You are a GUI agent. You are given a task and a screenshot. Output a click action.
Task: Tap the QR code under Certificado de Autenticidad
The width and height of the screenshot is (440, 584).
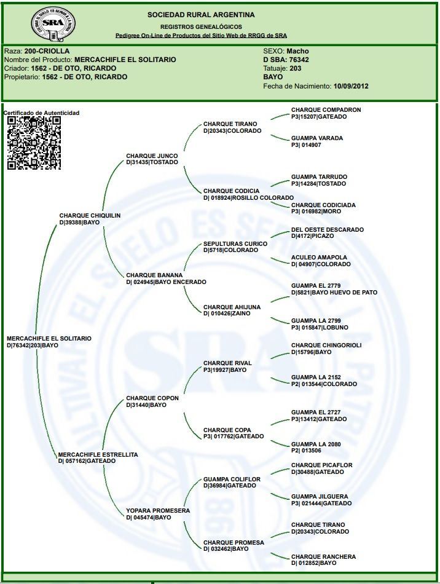pos(34,143)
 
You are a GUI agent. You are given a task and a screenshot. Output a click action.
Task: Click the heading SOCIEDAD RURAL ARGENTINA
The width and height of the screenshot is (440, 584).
pos(201,15)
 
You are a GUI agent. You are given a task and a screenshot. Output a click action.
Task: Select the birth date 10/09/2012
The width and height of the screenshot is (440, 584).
pos(350,86)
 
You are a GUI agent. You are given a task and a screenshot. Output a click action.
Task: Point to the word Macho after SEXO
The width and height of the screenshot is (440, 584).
pos(297,51)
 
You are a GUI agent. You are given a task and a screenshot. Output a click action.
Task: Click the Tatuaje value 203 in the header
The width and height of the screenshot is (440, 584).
pos(295,68)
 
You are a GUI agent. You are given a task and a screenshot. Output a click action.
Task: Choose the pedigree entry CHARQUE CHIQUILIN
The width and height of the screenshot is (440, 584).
pos(90,216)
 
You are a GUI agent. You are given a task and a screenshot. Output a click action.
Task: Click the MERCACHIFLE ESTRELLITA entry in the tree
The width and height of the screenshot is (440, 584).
pos(98,454)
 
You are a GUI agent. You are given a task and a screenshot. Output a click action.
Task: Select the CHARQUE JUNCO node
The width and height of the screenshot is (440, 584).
pos(152,156)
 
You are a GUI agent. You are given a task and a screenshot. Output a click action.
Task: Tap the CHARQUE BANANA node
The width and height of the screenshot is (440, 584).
pos(154,275)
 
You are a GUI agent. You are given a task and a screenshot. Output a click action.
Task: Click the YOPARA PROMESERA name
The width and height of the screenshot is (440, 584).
pos(158,510)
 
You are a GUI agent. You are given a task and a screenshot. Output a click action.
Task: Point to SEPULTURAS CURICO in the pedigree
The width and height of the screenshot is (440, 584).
pos(235,243)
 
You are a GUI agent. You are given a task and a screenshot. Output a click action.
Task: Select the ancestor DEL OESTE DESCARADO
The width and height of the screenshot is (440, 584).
pos(327,229)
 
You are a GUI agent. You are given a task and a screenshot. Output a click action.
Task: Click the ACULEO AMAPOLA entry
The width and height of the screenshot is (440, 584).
pos(319,258)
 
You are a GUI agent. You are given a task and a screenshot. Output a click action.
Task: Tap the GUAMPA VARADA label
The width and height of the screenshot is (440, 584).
pos(317,138)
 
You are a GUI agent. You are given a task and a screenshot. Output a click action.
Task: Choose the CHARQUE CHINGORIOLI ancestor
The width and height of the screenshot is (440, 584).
pos(326,345)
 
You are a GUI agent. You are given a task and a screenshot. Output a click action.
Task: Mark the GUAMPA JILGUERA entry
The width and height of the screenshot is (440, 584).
pos(320,496)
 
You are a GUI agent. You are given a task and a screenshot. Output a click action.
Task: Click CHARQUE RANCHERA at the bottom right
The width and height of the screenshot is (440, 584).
pos(323,556)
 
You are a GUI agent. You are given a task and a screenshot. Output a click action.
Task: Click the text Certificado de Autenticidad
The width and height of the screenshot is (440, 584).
pos(41,113)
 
